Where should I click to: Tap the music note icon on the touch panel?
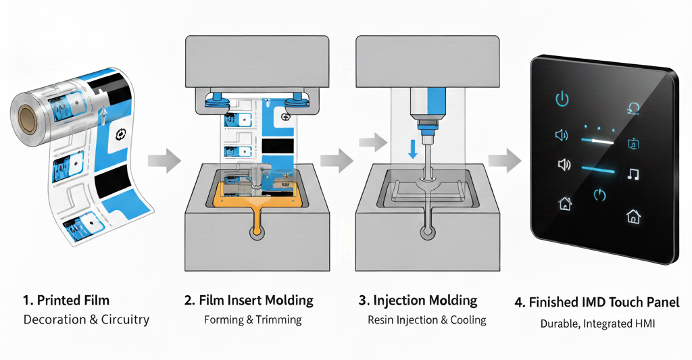point(633,174)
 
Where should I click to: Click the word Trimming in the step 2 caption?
point(278,319)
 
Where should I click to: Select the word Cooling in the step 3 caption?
point(468,319)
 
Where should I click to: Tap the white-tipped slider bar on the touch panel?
point(597,140)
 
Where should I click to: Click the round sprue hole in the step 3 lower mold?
point(427,234)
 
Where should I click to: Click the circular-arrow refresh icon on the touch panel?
point(634,107)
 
